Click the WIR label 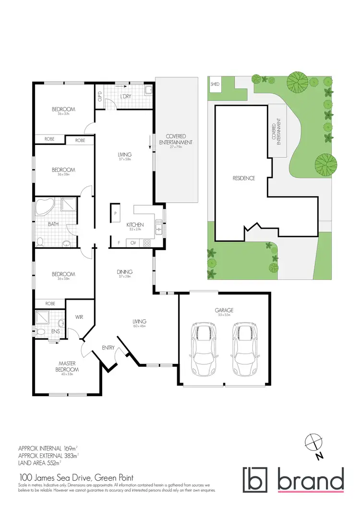coord(79,317)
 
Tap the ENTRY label coord(108,348)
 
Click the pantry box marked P coord(116,213)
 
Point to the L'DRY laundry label coord(125,97)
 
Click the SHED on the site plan coord(215,85)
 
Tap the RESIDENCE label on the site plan coord(243,178)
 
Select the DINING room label coord(124,272)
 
